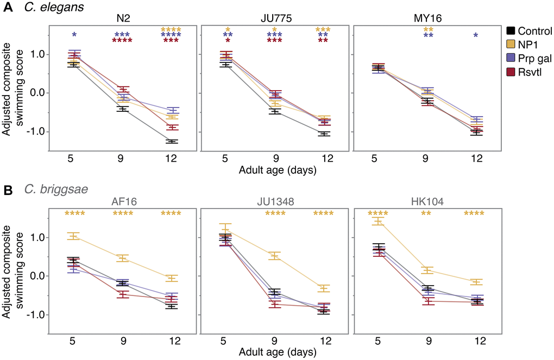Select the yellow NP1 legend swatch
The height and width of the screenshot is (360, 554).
click(511, 45)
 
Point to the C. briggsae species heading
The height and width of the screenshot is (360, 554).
click(51, 191)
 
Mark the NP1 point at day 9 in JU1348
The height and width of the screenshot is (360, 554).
click(275, 256)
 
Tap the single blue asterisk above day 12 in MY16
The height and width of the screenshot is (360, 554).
click(476, 36)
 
